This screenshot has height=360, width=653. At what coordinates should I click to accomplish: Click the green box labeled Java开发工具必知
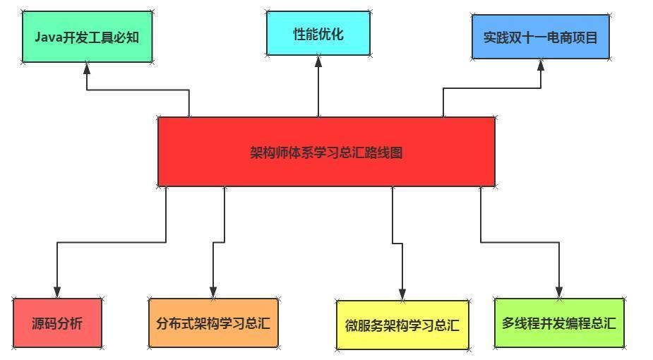pos(87,37)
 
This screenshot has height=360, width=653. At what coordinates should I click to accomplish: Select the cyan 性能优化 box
pos(318,33)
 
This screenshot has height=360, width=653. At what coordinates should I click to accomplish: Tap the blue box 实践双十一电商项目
pos(540,37)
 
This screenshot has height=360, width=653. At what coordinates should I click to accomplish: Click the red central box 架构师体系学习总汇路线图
pos(326,152)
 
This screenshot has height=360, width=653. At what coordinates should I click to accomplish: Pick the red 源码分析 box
pos(57,323)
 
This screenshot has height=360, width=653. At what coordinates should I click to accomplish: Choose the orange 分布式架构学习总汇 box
pos(213,323)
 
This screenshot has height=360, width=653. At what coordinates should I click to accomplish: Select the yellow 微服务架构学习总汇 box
pos(402,325)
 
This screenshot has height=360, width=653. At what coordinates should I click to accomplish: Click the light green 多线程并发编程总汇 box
pos(559,323)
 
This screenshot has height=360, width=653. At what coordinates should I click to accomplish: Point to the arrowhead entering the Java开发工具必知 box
pos(87,68)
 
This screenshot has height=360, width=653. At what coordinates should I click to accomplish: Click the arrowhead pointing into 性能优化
pos(318,61)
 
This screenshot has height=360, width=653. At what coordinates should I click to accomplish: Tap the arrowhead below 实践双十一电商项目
pos(541,64)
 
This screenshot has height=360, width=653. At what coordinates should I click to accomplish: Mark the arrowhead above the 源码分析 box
pos(57,292)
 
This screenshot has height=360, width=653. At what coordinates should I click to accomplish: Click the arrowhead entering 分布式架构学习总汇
pos(213,292)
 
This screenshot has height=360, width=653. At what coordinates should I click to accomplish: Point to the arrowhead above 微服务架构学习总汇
pos(402,294)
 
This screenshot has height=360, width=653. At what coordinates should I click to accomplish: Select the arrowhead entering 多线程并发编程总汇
pos(559,292)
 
